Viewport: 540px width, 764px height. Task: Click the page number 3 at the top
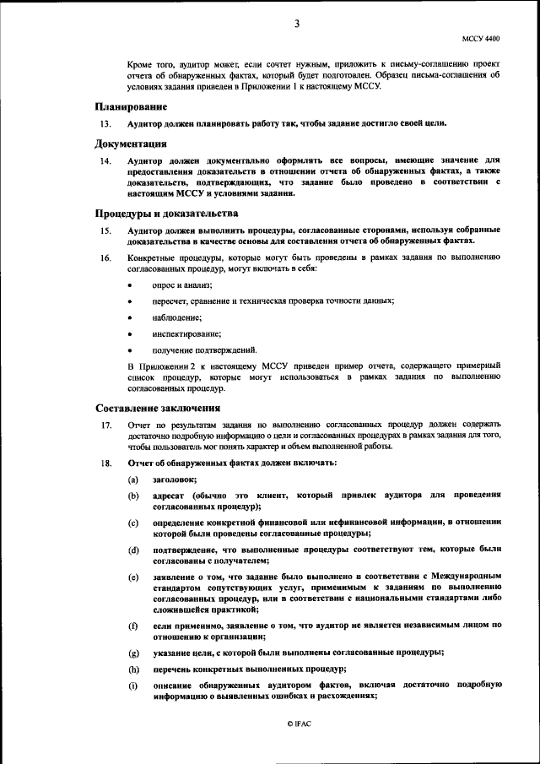297,24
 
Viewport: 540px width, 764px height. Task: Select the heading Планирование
130,107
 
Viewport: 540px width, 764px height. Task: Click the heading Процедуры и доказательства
159,214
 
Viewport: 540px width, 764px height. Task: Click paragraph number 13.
105,123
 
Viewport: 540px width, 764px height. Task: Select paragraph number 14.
105,160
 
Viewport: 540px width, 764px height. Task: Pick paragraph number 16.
105,257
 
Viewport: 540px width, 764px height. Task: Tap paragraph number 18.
105,463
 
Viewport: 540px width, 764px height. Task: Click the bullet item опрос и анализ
175,286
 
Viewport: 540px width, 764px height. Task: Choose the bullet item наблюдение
176,317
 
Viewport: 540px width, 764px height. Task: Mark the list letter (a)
133,479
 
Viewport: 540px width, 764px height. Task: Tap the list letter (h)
133,669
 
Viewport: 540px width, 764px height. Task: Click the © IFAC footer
300,724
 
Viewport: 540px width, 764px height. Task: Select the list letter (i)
133,685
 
